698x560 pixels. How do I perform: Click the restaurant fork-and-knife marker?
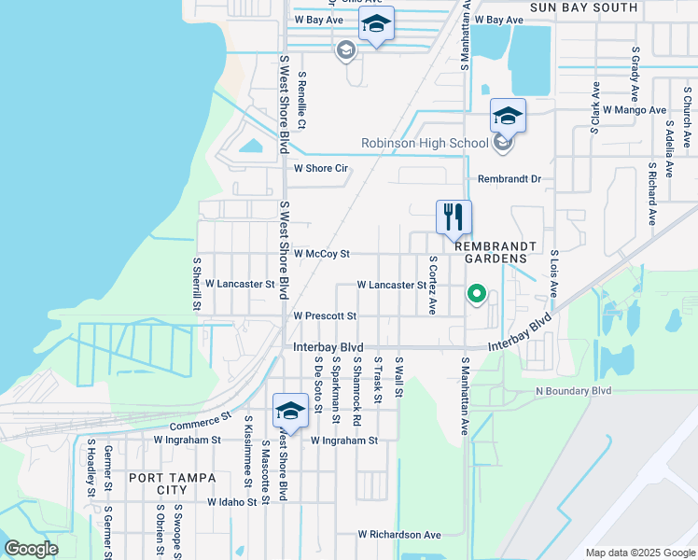(x=454, y=217)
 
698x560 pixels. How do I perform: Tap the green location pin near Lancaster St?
(x=477, y=296)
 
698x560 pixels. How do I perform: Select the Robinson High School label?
(x=425, y=143)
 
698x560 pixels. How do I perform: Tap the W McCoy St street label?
(x=321, y=253)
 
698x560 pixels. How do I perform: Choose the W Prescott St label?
(x=325, y=316)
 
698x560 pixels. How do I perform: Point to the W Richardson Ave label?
(x=399, y=535)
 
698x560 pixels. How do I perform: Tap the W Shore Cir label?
(x=321, y=169)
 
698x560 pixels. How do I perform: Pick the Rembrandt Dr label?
(x=510, y=178)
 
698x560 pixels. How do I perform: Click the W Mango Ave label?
(x=635, y=109)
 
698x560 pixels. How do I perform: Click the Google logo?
(x=31, y=549)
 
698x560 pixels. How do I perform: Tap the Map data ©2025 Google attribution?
(x=639, y=553)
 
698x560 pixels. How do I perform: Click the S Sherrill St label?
(x=197, y=284)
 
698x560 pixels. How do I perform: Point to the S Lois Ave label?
(x=554, y=273)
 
